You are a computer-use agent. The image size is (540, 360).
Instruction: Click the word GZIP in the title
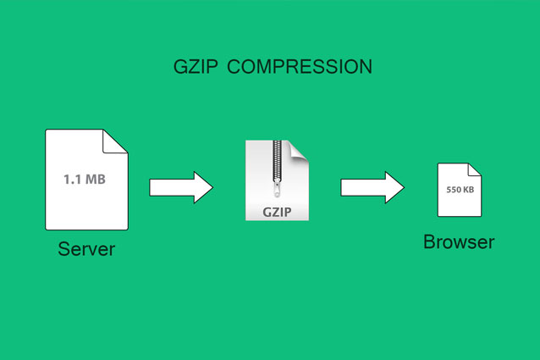(196, 66)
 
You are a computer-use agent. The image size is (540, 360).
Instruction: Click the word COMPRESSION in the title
(300, 66)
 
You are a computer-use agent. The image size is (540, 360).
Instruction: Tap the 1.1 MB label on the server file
(85, 179)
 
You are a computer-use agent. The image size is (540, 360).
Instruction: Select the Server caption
(86, 249)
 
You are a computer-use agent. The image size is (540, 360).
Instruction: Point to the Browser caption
(459, 242)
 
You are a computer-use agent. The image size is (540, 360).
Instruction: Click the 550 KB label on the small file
(460, 190)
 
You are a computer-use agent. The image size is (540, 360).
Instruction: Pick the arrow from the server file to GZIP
(181, 187)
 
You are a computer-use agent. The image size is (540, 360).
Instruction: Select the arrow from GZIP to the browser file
(372, 187)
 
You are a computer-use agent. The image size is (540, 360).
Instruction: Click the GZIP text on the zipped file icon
(277, 212)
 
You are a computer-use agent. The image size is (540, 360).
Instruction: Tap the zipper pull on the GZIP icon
(277, 190)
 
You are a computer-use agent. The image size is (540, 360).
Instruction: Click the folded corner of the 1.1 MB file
(115, 141)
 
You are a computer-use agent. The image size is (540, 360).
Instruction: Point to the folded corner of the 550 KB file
(474, 169)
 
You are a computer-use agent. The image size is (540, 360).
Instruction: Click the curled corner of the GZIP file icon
(299, 150)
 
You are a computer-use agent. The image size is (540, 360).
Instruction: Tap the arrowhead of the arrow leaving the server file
(203, 187)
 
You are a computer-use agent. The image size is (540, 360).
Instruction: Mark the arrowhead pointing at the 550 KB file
(394, 187)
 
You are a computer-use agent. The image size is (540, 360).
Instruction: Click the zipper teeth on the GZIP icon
(278, 161)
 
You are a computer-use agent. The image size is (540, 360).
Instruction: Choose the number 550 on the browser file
(453, 190)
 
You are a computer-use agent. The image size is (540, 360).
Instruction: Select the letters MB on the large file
(96, 179)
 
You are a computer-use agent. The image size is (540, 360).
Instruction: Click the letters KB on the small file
(468, 190)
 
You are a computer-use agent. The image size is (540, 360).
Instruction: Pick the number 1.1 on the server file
(73, 179)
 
